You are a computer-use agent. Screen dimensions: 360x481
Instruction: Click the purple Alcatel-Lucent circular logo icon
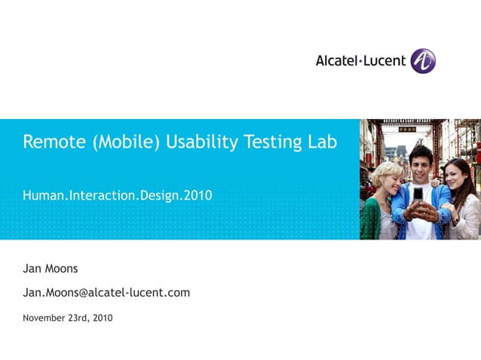point(423,61)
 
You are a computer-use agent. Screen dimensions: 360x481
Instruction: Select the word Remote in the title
point(54,142)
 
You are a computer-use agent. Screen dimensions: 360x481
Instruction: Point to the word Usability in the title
point(199,142)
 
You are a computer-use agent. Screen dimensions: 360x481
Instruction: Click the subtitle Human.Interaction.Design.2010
point(118,196)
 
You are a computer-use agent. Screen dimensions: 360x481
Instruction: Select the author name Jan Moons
point(51,269)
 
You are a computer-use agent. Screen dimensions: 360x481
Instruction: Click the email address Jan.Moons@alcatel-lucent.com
point(106,292)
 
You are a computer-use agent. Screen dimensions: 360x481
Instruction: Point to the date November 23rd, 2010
point(68,318)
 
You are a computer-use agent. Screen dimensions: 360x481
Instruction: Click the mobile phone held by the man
point(418,195)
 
